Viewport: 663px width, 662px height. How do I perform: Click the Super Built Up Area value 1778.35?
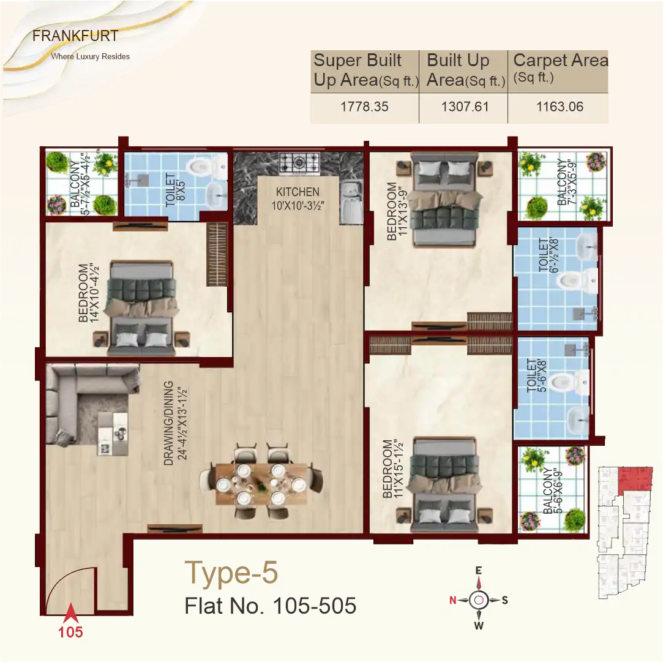click(364, 107)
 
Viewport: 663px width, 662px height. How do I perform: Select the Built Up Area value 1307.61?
click(465, 107)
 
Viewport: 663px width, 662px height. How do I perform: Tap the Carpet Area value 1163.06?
click(560, 107)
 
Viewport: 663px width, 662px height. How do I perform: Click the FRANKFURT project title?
click(75, 36)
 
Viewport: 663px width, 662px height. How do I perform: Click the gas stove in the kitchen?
click(299, 162)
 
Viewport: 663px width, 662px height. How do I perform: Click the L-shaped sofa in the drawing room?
click(86, 398)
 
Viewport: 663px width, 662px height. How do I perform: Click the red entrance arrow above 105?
click(71, 612)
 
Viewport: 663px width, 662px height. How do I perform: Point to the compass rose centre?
click(479, 600)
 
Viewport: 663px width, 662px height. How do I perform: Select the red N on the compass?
click(453, 600)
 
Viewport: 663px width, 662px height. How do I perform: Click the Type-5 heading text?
click(231, 573)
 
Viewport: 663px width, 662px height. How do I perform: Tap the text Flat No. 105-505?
click(270, 606)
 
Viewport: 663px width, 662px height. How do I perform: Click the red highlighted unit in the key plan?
click(634, 478)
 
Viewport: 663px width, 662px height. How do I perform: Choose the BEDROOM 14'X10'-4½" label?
click(88, 293)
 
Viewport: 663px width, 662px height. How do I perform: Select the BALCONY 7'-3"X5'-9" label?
click(566, 183)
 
